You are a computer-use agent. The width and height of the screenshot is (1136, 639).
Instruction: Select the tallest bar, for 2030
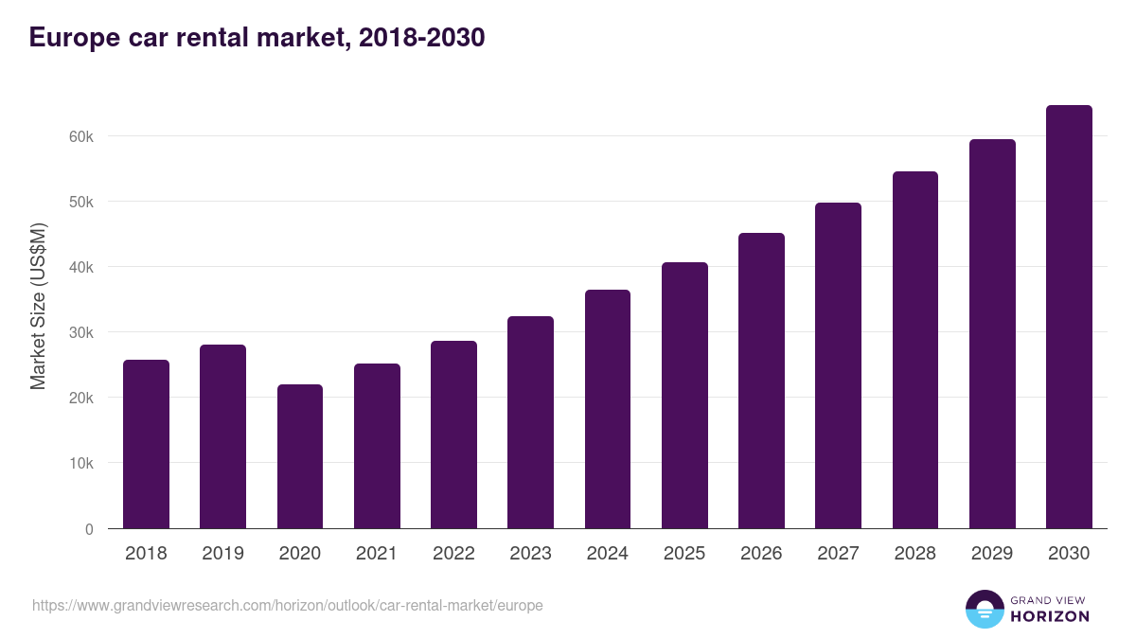(1069, 317)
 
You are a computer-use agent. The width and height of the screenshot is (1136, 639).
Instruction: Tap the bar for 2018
(146, 444)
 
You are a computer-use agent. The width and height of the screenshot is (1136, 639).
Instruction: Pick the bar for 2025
(684, 396)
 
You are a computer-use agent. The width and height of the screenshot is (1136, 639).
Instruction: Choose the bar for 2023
(530, 422)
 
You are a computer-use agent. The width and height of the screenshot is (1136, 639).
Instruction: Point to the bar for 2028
(915, 350)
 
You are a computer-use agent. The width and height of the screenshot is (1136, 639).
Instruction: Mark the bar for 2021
(377, 446)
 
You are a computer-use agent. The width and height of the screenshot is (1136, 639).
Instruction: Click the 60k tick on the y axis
(81, 136)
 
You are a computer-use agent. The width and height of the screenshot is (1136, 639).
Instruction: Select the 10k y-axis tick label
(81, 464)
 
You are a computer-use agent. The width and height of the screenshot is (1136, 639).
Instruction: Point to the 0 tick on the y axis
(89, 529)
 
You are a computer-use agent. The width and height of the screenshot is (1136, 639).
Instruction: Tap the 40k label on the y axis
(81, 268)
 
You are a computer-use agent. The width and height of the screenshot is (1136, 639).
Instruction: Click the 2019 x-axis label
(222, 554)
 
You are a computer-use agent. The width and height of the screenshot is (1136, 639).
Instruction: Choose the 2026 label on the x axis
(761, 554)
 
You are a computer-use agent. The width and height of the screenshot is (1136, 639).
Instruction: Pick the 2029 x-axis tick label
(992, 554)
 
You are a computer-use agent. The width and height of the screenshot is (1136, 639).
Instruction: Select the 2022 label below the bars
(453, 554)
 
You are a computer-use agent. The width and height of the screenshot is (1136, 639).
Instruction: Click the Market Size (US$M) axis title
(38, 306)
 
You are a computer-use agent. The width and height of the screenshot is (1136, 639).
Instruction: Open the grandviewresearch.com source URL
(288, 605)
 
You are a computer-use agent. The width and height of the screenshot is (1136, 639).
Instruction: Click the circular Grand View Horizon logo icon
(984, 609)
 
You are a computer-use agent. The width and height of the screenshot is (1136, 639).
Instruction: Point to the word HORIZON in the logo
(1050, 616)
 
